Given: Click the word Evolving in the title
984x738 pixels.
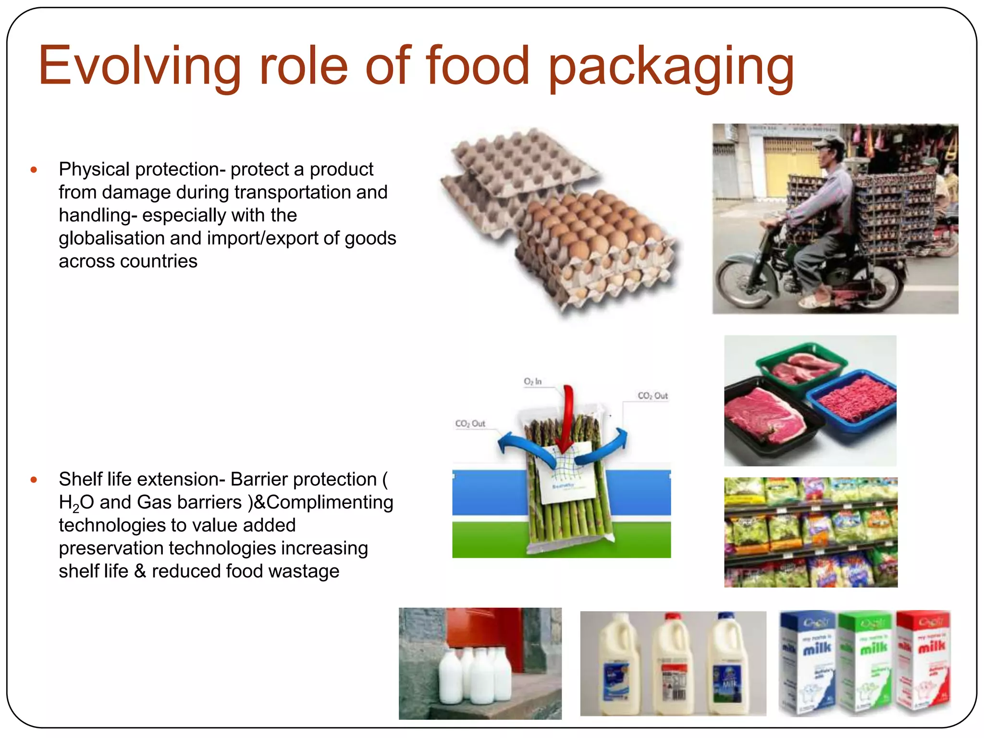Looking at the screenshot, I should [139, 66].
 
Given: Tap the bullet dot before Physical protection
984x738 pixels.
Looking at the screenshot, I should [34, 170].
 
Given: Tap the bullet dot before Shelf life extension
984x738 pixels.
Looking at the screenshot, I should [34, 480].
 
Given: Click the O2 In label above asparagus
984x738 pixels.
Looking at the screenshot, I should [532, 381].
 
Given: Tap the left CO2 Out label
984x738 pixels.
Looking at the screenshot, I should [470, 424].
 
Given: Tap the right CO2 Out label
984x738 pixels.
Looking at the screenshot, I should [652, 396].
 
